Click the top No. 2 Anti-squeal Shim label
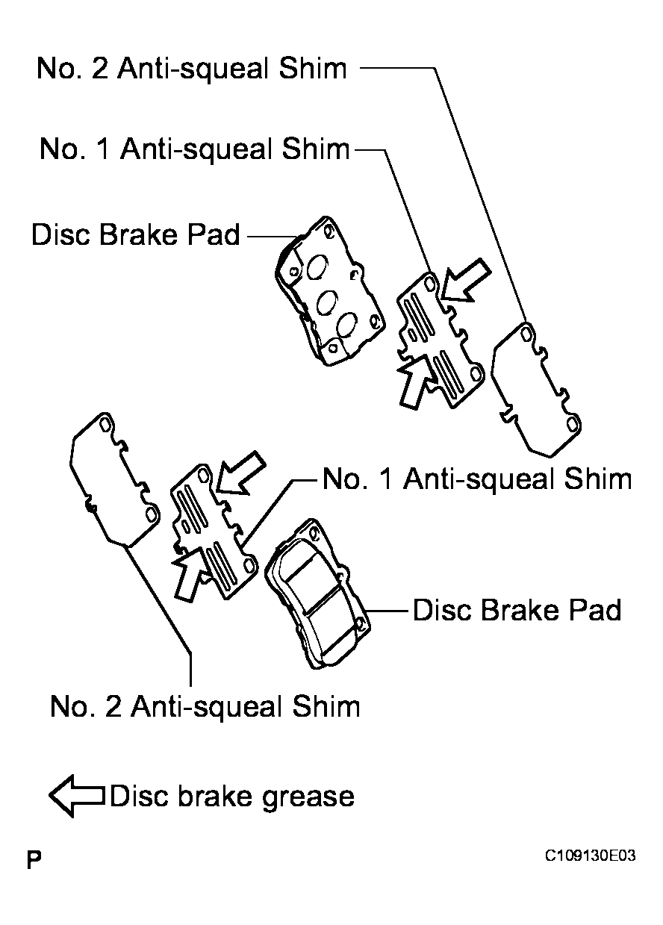click(192, 69)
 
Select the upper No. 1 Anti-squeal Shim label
click(195, 149)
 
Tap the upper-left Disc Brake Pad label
click(135, 234)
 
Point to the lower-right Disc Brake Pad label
click(517, 610)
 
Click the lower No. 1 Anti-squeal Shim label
click(477, 479)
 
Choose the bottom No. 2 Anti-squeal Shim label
click(205, 706)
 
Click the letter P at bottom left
click(34, 861)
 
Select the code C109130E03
click(591, 856)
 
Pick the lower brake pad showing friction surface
click(317, 594)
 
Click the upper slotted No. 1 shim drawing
click(441, 340)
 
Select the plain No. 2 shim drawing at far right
click(536, 390)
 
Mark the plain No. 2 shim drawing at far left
click(114, 479)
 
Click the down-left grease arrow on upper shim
click(466, 281)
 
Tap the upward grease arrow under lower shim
click(191, 573)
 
